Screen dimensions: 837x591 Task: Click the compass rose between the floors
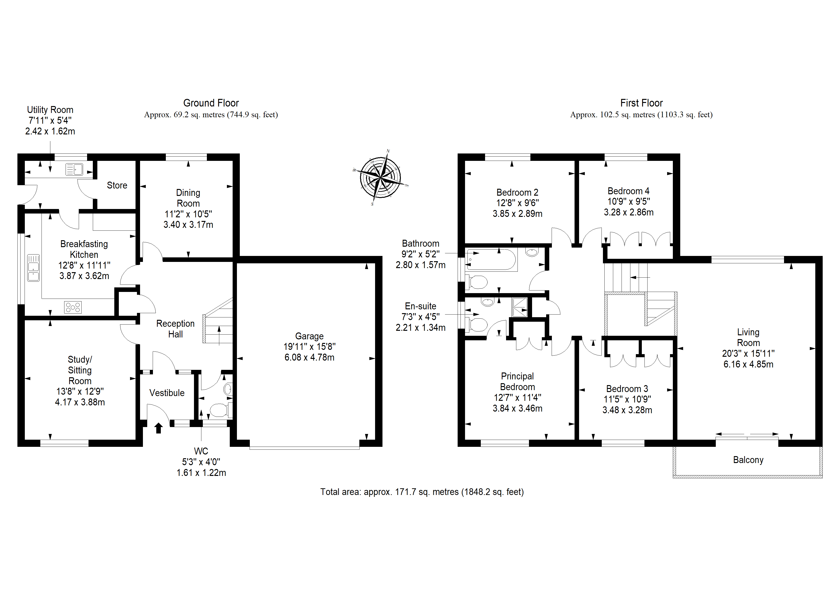[x=380, y=177]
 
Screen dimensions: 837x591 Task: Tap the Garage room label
[x=309, y=336]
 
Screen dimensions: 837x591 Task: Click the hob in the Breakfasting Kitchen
[x=73, y=307]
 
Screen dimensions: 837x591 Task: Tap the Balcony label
[x=748, y=460]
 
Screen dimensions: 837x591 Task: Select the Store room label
[x=117, y=185]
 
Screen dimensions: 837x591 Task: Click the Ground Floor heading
[x=211, y=103]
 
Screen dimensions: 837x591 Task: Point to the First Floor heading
[x=642, y=103]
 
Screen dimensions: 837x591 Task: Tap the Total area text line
[x=422, y=492]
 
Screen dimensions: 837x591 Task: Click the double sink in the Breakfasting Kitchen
[x=33, y=268]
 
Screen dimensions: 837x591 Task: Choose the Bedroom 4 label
[x=628, y=191]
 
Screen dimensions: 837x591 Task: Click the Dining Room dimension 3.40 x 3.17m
[x=188, y=225]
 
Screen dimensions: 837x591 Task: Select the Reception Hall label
[x=175, y=329]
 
